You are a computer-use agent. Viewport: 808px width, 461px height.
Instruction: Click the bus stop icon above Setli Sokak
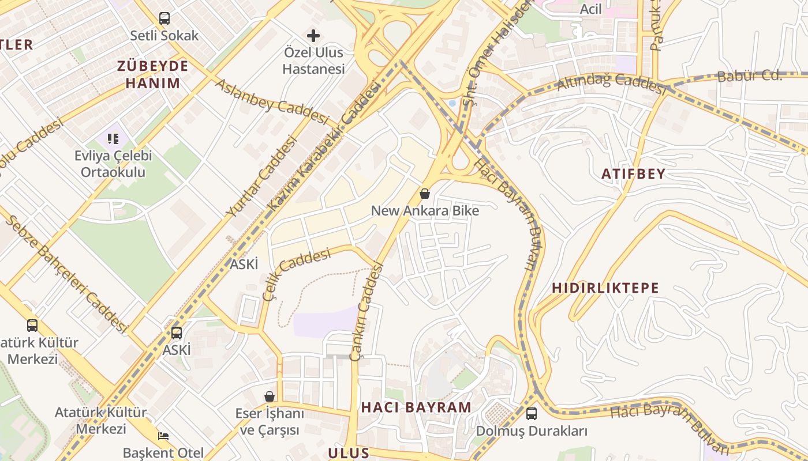164,18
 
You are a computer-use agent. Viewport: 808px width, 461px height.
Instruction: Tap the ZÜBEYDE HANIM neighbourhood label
153,74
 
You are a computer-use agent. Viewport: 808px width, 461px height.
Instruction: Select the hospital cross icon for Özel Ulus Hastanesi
313,36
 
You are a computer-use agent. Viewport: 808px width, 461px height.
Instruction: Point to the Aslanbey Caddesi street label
271,102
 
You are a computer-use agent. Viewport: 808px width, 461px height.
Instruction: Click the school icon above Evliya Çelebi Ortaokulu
113,138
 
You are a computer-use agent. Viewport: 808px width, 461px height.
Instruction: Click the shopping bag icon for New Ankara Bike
425,194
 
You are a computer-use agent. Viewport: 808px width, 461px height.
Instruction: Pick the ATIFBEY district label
633,173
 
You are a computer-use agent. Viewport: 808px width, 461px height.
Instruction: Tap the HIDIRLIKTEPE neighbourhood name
605,288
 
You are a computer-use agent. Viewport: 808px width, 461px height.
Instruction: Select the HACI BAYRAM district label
416,407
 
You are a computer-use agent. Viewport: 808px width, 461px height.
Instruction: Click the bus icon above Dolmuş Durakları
531,414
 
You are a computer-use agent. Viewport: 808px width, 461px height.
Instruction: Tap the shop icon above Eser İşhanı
270,396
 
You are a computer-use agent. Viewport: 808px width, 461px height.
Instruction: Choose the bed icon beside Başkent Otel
163,436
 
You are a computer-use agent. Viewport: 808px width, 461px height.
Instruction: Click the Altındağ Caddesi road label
612,83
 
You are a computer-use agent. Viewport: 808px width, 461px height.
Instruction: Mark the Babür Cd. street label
749,76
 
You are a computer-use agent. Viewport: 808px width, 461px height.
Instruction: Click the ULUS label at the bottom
349,452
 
